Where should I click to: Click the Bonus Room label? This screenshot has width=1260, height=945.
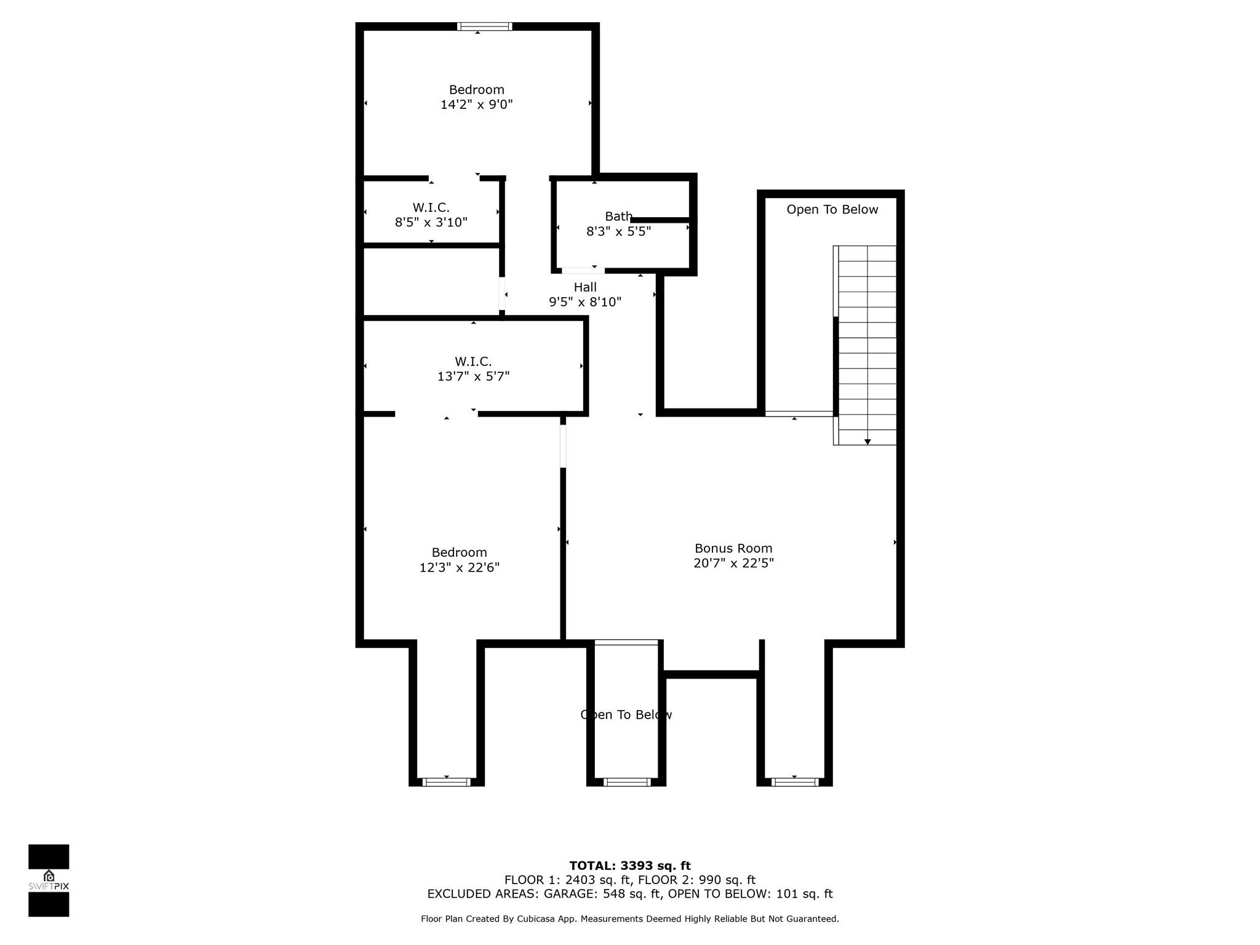click(733, 548)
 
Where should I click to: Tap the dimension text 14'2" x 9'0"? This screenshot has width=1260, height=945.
click(477, 105)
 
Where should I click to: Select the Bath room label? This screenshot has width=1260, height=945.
click(618, 217)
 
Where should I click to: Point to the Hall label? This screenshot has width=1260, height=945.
click(585, 287)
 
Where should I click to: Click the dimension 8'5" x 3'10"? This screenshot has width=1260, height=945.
click(431, 222)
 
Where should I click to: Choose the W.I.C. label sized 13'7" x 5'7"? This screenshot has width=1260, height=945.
click(473, 362)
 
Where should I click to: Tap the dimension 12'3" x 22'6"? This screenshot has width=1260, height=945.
click(460, 567)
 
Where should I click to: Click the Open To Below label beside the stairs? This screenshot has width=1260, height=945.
click(832, 210)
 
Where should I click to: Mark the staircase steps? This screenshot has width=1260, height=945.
click(867, 345)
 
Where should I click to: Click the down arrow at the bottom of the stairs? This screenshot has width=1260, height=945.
click(867, 442)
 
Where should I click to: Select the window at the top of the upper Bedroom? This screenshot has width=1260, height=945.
click(485, 26)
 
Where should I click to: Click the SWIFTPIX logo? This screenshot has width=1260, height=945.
click(49, 880)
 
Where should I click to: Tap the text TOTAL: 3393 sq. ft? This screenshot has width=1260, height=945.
click(630, 866)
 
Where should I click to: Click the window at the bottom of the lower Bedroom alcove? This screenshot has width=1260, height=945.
click(447, 782)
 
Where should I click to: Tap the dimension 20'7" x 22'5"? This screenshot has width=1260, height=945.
click(733, 563)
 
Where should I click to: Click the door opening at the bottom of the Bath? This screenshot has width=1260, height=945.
click(583, 271)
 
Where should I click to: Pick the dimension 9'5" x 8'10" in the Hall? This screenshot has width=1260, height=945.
click(585, 302)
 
